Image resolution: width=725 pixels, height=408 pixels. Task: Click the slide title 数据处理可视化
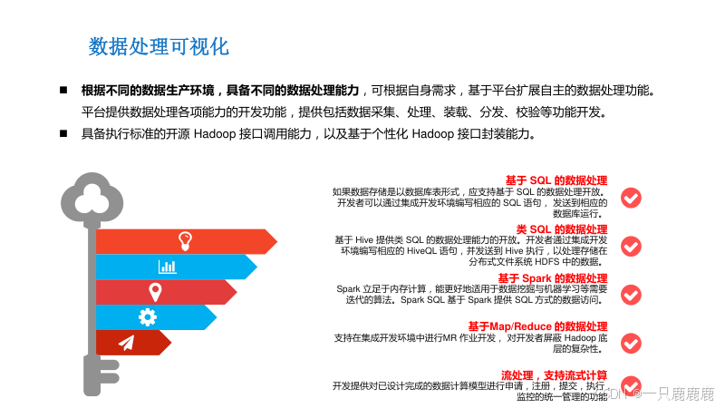[x=159, y=46]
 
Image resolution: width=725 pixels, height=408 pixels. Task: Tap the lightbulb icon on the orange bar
[x=185, y=240]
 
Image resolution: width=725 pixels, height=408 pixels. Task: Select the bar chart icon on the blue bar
[x=168, y=266]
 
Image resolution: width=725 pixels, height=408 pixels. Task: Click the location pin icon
[x=155, y=291]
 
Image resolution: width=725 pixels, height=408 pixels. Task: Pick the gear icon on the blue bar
[x=148, y=316]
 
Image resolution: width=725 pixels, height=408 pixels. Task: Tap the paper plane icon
[x=126, y=342]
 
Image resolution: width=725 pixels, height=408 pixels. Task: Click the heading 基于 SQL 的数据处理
[x=556, y=180]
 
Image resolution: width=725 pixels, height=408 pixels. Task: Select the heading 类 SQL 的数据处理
[x=562, y=228]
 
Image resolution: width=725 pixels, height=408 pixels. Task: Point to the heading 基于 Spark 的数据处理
[x=553, y=277]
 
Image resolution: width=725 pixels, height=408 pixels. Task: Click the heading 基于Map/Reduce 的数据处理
[x=537, y=326]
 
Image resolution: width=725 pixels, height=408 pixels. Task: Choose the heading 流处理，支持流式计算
[x=554, y=375]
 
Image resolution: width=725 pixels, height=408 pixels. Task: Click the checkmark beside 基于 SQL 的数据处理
[x=631, y=197]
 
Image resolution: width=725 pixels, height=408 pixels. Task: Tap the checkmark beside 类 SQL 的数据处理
[x=631, y=246]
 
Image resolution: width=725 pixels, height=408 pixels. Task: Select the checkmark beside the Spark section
[x=631, y=294]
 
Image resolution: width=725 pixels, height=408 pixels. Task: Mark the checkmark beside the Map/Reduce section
[x=631, y=342]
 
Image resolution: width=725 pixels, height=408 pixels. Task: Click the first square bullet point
[x=63, y=91]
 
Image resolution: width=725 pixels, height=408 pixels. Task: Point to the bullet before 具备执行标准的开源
[x=63, y=133]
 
